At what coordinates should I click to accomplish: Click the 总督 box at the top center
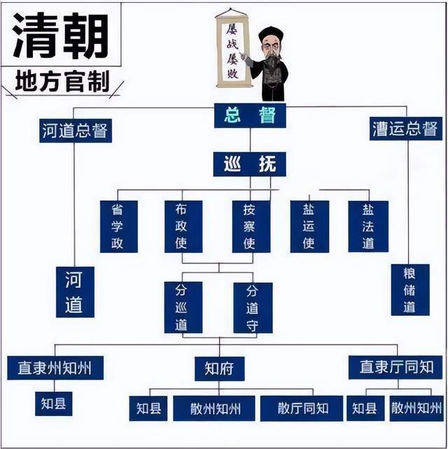click(x=250, y=116)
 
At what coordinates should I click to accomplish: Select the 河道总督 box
click(x=76, y=130)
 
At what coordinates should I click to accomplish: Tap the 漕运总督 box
click(x=406, y=129)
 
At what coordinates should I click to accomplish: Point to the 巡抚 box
click(x=249, y=164)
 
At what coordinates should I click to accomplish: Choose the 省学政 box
click(x=119, y=226)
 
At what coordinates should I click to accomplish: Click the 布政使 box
click(x=183, y=226)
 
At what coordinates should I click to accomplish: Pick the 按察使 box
click(x=251, y=226)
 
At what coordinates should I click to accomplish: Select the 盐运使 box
click(x=309, y=226)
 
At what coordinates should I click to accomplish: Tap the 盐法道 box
click(x=368, y=226)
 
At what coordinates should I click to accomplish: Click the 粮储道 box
click(x=410, y=290)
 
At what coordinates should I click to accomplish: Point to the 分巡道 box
click(x=183, y=308)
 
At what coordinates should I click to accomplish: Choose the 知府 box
click(x=219, y=369)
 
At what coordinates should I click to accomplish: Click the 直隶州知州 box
click(x=55, y=368)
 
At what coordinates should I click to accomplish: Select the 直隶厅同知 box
click(x=395, y=367)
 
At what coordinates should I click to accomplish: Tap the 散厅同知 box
click(x=302, y=408)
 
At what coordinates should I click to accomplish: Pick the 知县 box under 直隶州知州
click(x=53, y=403)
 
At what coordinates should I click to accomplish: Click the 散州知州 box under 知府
click(x=214, y=408)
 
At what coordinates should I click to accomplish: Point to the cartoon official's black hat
click(x=271, y=34)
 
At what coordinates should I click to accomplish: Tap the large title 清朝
click(x=61, y=36)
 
